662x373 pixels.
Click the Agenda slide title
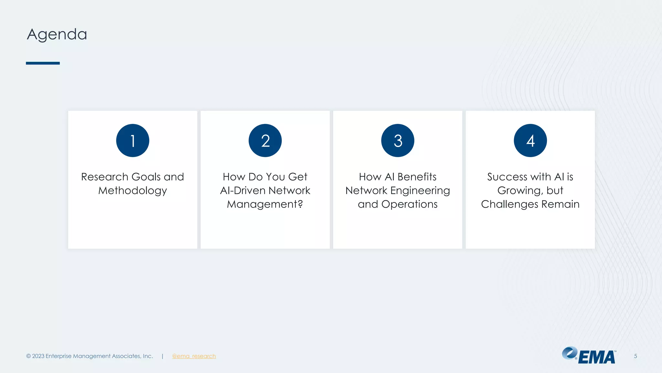click(x=57, y=34)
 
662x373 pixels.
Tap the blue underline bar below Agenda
click(x=43, y=63)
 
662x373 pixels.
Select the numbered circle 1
click(x=133, y=141)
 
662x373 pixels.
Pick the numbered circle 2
click(x=265, y=141)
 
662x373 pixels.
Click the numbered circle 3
click(x=398, y=141)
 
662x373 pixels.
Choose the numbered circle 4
click(x=530, y=141)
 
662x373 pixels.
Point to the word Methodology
click(x=133, y=191)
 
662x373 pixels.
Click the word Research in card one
click(x=105, y=177)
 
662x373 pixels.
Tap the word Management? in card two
click(x=265, y=204)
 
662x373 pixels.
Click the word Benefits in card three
click(x=417, y=177)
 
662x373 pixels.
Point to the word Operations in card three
click(x=409, y=204)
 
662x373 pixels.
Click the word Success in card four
click(x=507, y=177)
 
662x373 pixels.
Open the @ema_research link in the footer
click(x=194, y=356)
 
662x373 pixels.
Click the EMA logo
click(x=589, y=356)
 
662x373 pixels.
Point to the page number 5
click(x=635, y=356)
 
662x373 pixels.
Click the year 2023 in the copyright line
click(x=38, y=356)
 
